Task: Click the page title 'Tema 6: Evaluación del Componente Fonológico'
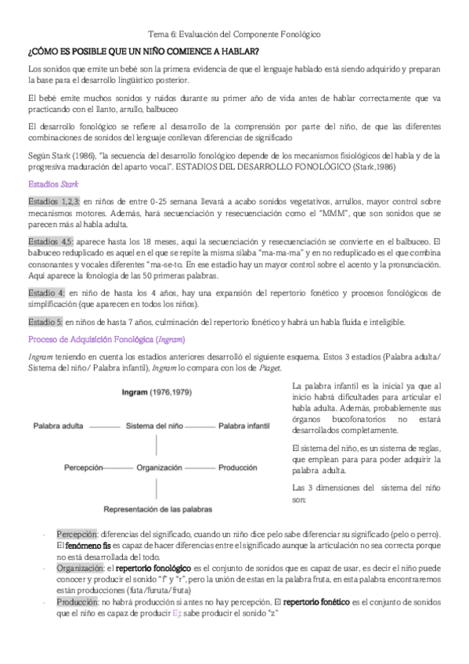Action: click(234, 35)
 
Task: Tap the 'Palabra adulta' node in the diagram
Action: click(60, 427)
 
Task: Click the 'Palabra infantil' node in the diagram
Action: click(245, 427)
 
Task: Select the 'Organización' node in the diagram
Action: click(159, 467)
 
